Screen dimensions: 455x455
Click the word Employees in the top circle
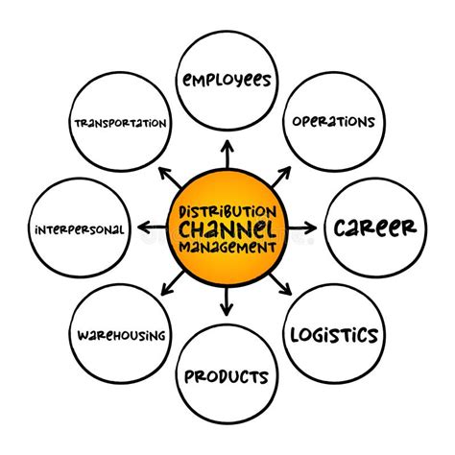227,79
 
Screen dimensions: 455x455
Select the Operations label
334,123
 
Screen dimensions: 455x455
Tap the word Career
375,227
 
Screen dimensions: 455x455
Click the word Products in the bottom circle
227,375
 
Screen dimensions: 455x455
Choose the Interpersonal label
78,229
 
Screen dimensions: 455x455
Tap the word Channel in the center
227,228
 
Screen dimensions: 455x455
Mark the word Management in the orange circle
227,246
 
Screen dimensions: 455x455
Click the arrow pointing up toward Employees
227,154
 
